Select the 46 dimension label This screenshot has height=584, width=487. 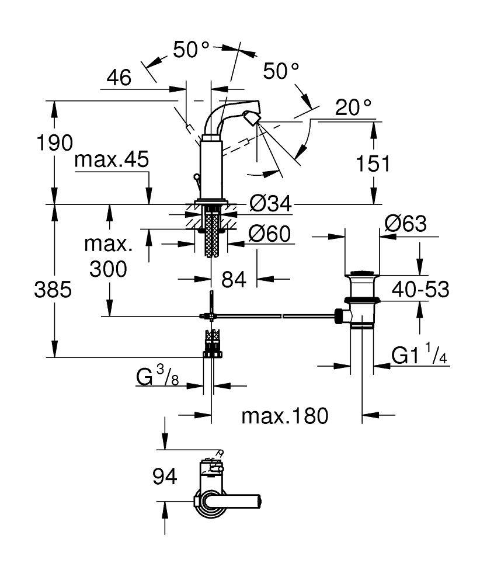click(119, 78)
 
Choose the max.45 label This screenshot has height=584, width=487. click(112, 160)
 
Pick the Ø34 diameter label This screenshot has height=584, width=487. click(270, 204)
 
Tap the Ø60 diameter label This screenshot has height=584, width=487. click(269, 234)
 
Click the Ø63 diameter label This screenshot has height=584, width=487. click(406, 224)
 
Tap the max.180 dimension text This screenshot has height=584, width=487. click(286, 416)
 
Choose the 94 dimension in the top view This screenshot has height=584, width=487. click(164, 477)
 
